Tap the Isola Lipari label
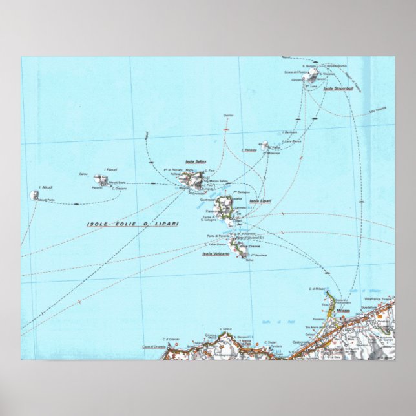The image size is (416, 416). tap(260, 202)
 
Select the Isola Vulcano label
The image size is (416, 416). tap(216, 253)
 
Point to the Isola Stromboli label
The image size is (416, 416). tap(338, 88)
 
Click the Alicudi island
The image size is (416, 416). tap(34, 194)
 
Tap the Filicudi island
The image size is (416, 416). tap(99, 179)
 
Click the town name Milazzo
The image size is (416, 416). tap(342, 311)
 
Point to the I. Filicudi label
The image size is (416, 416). tap(110, 169)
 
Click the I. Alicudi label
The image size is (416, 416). tap(45, 187)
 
